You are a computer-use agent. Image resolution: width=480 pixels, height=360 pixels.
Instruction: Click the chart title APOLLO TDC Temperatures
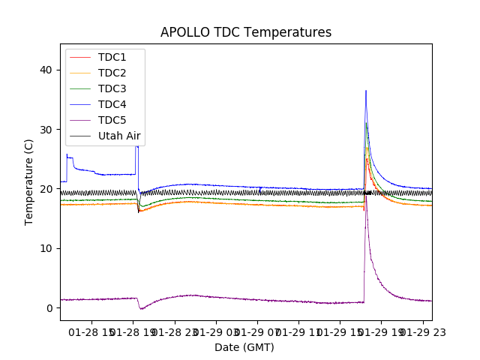tap(246, 32)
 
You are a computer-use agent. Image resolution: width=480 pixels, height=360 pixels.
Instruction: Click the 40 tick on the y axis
tap(47, 70)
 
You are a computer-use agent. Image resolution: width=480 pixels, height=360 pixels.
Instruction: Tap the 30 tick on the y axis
tap(47, 129)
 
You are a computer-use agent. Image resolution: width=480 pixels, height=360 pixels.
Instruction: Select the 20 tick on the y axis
tap(47, 189)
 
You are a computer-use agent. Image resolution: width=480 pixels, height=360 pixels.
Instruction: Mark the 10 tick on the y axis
tap(47, 248)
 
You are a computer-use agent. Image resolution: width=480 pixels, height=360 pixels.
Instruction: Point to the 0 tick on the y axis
tap(50, 308)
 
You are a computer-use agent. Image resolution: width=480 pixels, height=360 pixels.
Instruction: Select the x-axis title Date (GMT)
tap(244, 347)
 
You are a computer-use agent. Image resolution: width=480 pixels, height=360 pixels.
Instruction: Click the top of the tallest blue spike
tap(366, 91)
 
